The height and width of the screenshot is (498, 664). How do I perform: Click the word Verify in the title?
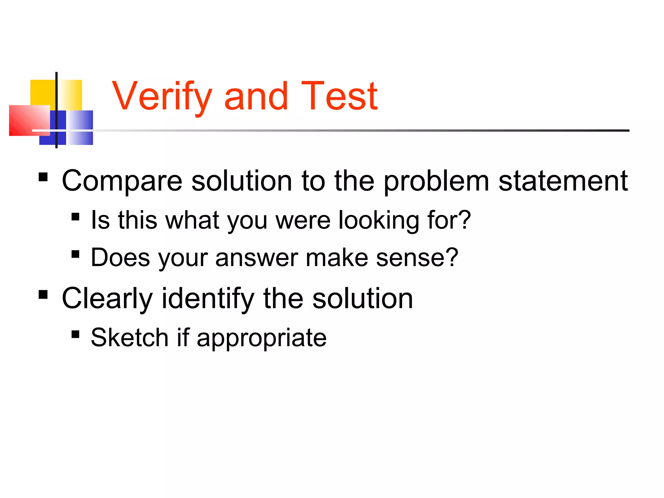pyautogui.click(x=162, y=97)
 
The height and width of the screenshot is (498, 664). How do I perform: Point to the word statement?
pyautogui.click(x=563, y=181)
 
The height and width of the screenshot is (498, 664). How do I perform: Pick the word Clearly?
pyautogui.click(x=107, y=299)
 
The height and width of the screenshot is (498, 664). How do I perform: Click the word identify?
pyautogui.click(x=208, y=299)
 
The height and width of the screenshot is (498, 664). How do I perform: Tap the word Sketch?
pyautogui.click(x=129, y=338)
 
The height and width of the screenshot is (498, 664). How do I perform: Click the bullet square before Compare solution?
pyautogui.click(x=43, y=177)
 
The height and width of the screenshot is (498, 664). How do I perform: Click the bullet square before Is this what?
pyautogui.click(x=76, y=217)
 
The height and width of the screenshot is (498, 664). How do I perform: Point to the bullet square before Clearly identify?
pyautogui.click(x=43, y=295)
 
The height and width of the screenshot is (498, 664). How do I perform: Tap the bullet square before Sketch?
pyautogui.click(x=76, y=334)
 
